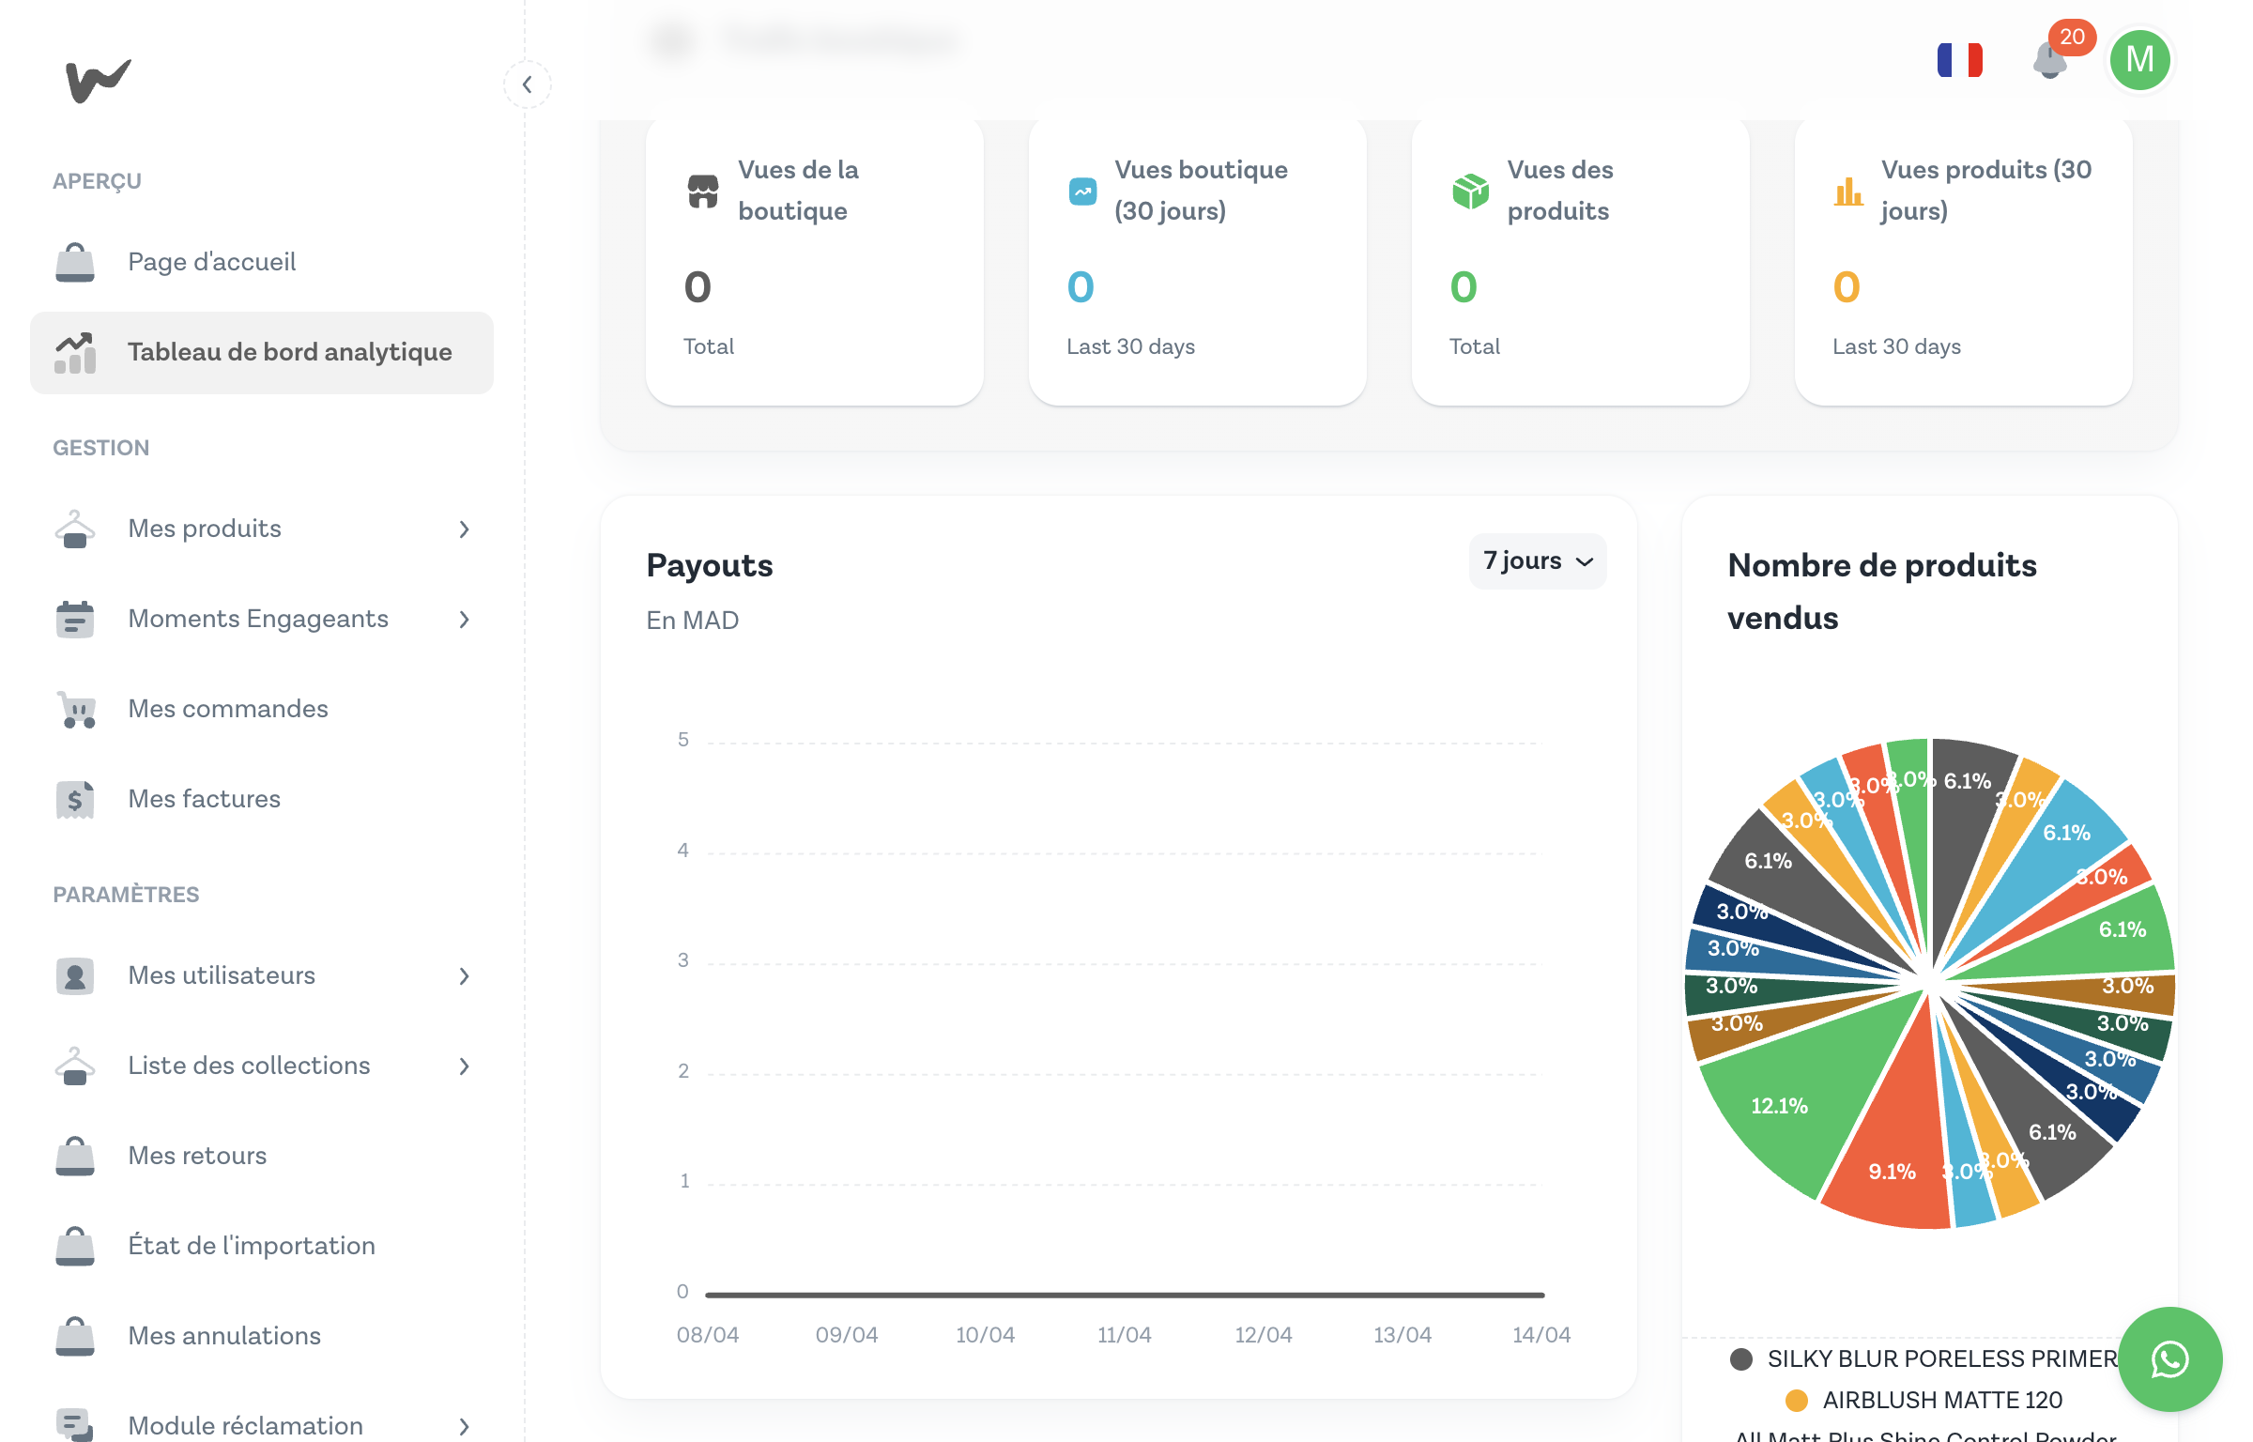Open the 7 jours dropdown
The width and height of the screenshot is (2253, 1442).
click(1538, 561)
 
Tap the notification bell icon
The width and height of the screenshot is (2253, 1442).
click(2050, 62)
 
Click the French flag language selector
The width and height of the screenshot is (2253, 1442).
click(1960, 60)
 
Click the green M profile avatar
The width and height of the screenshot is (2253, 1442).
click(2139, 60)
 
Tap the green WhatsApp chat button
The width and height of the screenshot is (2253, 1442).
click(2169, 1358)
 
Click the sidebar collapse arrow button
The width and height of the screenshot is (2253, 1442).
click(528, 84)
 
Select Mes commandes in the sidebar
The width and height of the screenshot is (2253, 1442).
click(228, 709)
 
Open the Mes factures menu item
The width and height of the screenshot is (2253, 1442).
click(204, 799)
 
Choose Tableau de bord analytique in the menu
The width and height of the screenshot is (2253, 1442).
click(289, 352)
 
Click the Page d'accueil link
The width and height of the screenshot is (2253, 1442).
click(211, 262)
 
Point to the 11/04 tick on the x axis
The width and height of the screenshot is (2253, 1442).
click(1124, 1334)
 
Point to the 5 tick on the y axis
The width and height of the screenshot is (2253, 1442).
click(683, 740)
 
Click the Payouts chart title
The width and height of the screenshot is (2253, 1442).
click(710, 565)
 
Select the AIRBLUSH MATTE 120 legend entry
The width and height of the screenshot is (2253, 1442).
click(1941, 1400)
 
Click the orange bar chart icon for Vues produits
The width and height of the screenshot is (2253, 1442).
click(1848, 192)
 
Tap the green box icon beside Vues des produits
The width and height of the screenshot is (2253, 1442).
click(1470, 192)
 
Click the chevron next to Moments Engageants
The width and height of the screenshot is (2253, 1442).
click(465, 620)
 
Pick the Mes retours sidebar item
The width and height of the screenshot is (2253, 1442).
click(197, 1156)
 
